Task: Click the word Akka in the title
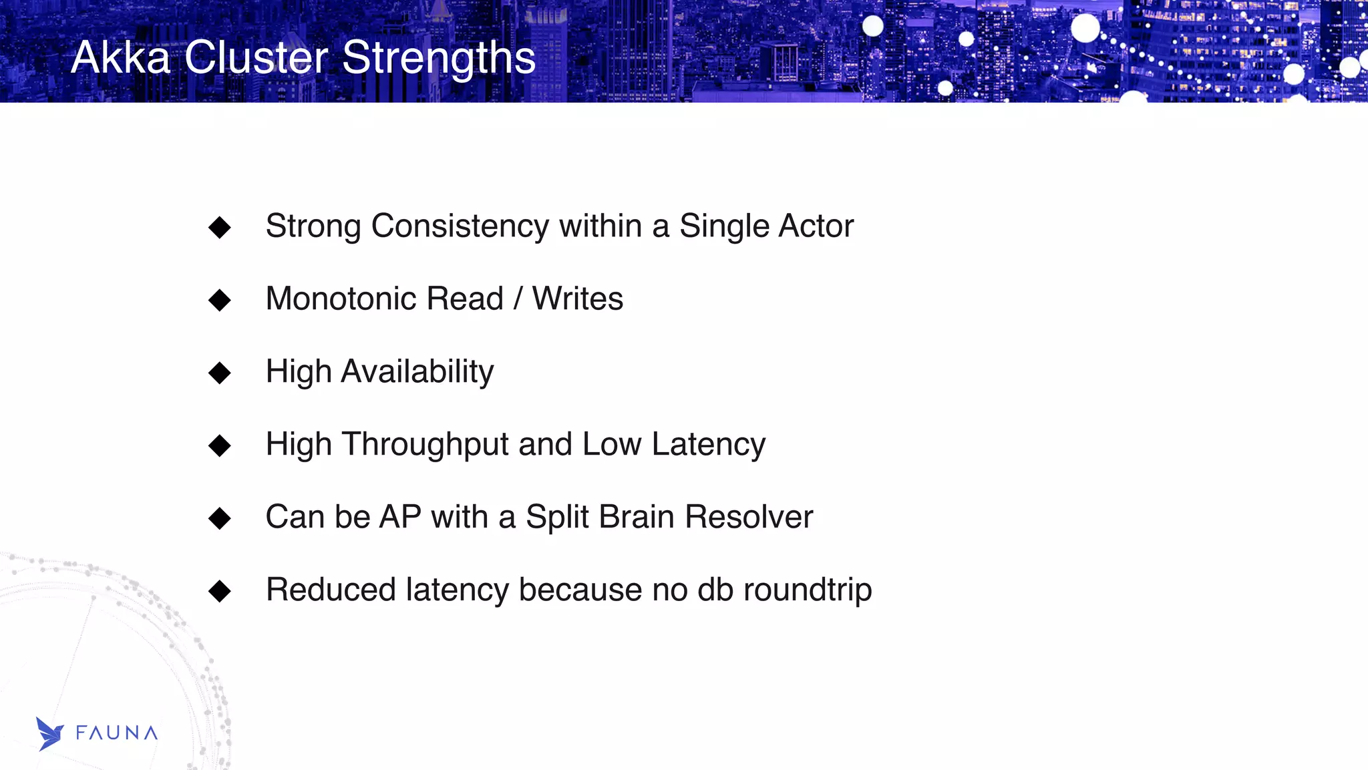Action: point(121,57)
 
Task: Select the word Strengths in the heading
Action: point(439,57)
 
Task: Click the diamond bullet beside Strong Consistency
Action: point(220,227)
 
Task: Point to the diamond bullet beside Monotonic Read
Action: point(220,300)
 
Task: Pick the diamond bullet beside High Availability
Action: point(220,373)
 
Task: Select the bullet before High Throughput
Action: point(220,445)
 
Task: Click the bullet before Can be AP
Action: point(220,518)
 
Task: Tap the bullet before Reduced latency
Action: point(220,591)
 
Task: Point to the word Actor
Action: point(816,226)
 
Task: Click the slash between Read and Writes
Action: point(518,299)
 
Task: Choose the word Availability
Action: point(417,372)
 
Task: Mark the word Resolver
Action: point(749,517)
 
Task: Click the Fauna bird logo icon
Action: point(49,734)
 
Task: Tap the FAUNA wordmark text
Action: point(117,733)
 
